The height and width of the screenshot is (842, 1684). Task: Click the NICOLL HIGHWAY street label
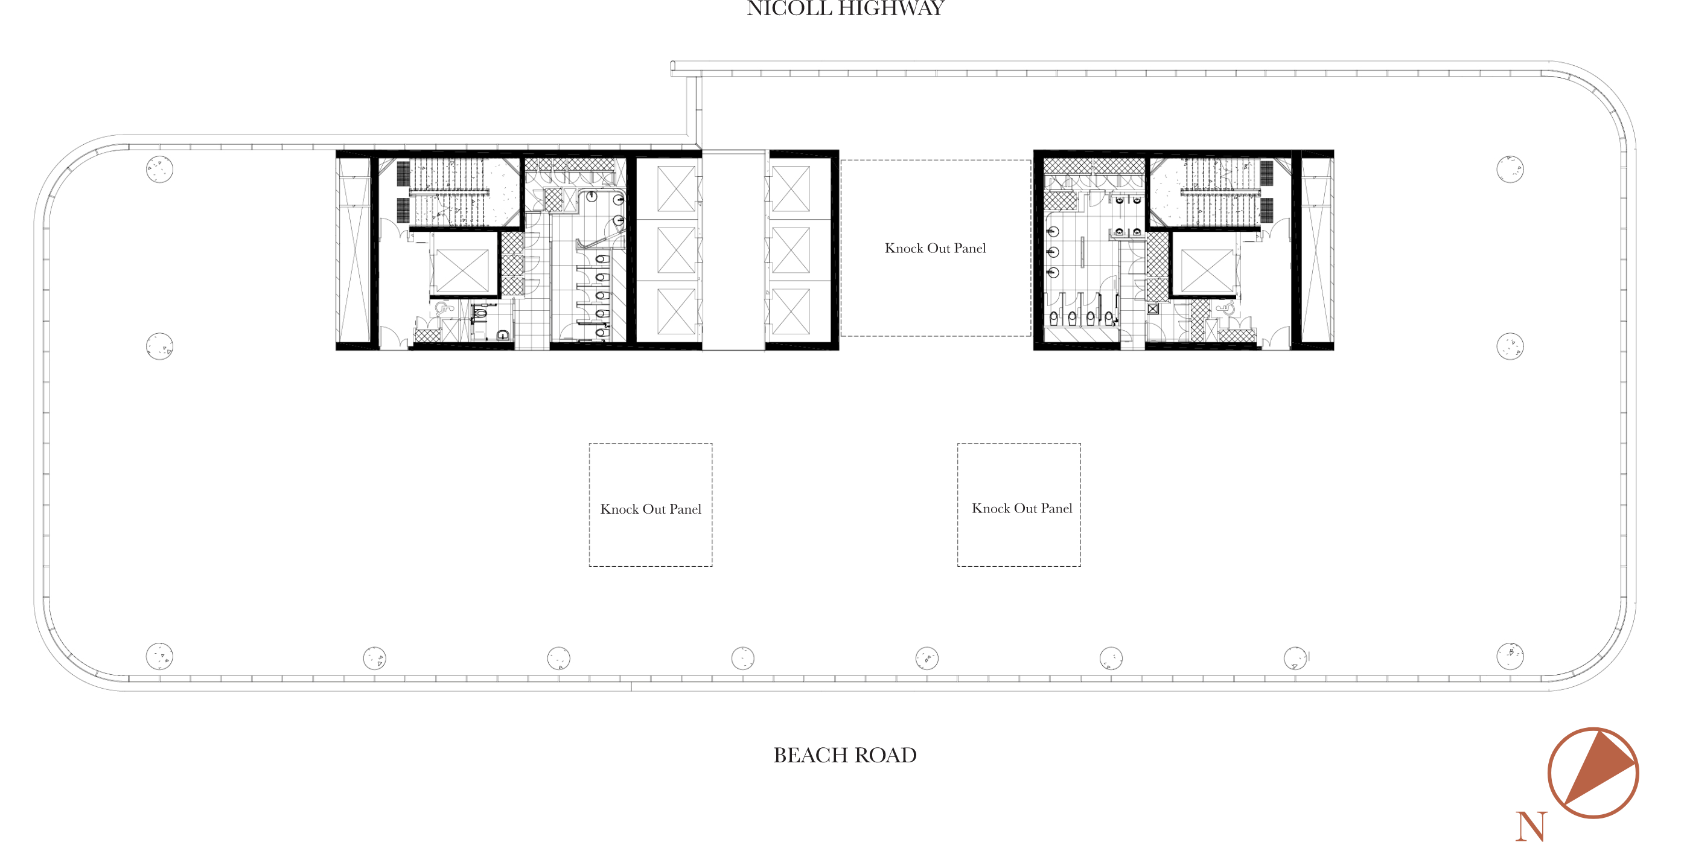pyautogui.click(x=844, y=8)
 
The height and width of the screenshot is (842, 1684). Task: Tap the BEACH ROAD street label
pyautogui.click(x=844, y=755)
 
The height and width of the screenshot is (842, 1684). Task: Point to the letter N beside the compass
pyautogui.click(x=1531, y=826)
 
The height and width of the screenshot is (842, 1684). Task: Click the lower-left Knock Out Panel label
pyautogui.click(x=651, y=509)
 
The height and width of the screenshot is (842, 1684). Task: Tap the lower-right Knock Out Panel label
pyautogui.click(x=1022, y=509)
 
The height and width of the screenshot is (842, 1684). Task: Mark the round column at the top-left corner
pyautogui.click(x=159, y=170)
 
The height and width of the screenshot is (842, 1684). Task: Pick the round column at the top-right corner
pyautogui.click(x=1510, y=170)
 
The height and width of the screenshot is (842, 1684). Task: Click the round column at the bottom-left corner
pyautogui.click(x=159, y=655)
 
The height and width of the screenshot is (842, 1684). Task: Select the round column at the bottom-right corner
pyautogui.click(x=1510, y=655)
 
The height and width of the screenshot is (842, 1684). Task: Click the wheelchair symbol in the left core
pyautogui.click(x=443, y=308)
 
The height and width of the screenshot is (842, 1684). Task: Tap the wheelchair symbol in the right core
pyautogui.click(x=1227, y=308)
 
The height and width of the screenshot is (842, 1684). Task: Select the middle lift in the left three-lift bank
pyautogui.click(x=676, y=250)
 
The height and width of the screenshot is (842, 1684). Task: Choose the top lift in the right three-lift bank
pyautogui.click(x=791, y=189)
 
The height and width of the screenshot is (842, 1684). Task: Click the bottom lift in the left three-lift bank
pyautogui.click(x=676, y=311)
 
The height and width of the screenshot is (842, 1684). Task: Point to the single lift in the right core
pyautogui.click(x=1207, y=270)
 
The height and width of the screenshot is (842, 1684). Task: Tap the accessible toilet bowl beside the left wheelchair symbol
pyautogui.click(x=480, y=313)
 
